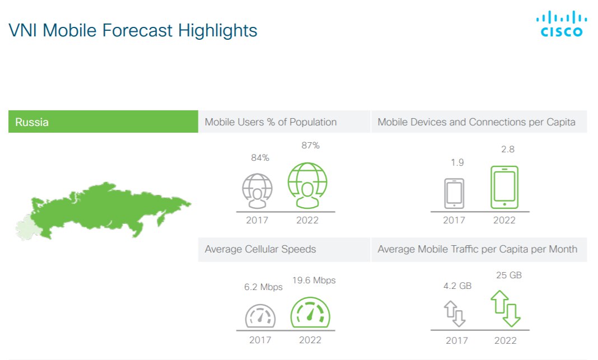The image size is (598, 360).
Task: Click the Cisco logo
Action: (x=562, y=24)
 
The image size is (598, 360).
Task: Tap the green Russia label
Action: (x=103, y=121)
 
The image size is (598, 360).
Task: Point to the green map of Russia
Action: (x=103, y=211)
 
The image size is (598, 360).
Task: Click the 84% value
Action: (x=260, y=157)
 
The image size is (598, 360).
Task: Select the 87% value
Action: (x=310, y=146)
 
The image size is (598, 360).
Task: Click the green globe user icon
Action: (x=307, y=185)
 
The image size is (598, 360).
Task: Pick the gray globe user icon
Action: (x=258, y=191)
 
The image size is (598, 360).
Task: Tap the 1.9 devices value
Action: (x=457, y=162)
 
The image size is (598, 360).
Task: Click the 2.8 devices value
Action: (x=508, y=149)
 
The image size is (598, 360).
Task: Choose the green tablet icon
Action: (x=504, y=187)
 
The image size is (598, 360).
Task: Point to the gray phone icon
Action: (x=454, y=193)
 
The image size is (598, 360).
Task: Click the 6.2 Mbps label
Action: (x=263, y=287)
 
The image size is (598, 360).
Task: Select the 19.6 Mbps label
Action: (x=314, y=280)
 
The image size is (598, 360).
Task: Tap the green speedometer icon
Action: (x=310, y=312)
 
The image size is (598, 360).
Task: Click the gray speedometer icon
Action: (x=260, y=316)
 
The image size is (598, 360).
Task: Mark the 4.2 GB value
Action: (x=457, y=286)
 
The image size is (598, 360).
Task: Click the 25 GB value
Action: (x=509, y=275)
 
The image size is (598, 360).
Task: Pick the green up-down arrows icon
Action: (x=505, y=308)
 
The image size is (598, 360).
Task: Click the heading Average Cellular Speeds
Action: (x=260, y=249)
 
